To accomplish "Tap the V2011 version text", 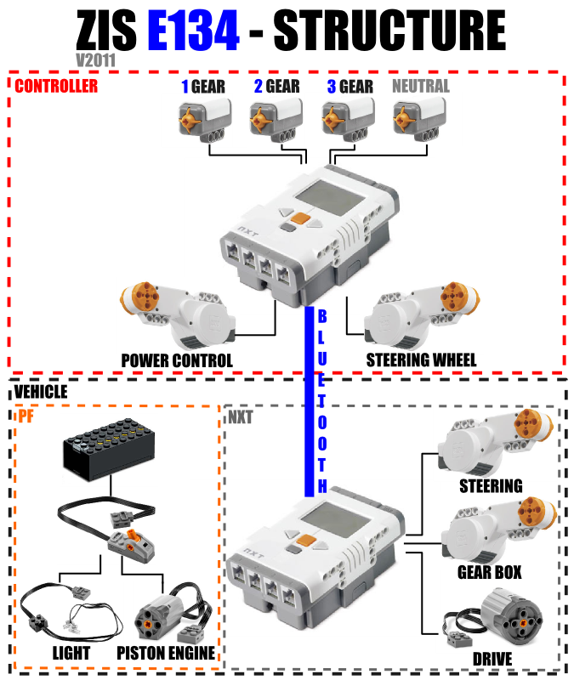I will (x=95, y=61).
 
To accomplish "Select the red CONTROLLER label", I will (x=56, y=85).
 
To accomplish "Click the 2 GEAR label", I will (x=276, y=86).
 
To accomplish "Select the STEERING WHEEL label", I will (x=421, y=360).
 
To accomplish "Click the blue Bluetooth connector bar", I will (x=310, y=399).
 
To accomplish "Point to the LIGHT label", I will (x=71, y=654).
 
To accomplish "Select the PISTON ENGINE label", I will (x=167, y=654).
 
